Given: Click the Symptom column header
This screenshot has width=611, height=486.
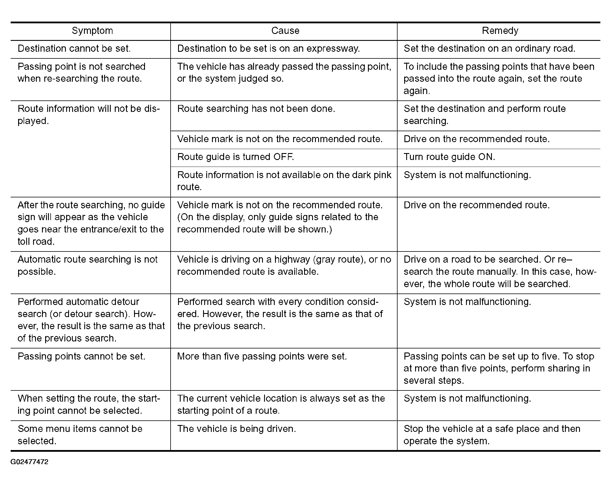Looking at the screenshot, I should click(x=92, y=31).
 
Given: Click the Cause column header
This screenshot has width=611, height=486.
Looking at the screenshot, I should click(x=285, y=31).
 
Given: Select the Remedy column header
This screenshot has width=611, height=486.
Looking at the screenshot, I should click(x=500, y=31).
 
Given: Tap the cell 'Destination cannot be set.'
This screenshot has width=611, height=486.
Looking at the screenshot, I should click(x=74, y=49).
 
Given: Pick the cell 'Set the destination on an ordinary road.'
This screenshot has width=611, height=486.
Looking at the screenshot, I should click(x=489, y=49).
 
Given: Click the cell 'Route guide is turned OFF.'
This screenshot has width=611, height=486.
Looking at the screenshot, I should click(x=236, y=157).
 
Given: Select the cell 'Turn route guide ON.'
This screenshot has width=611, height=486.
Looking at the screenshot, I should click(x=449, y=157).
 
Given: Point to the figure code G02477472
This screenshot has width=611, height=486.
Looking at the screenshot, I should click(x=29, y=462).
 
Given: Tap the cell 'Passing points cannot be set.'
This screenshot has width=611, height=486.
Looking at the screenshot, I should click(x=81, y=357).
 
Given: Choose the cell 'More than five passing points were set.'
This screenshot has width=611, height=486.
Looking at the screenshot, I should click(x=262, y=357).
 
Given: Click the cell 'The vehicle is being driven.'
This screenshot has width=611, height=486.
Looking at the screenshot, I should click(x=236, y=429).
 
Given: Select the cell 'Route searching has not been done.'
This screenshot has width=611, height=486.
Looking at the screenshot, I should click(x=256, y=109).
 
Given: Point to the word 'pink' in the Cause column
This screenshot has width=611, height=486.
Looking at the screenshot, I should click(x=383, y=175).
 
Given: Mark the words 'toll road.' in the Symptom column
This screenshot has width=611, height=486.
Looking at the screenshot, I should click(x=36, y=242).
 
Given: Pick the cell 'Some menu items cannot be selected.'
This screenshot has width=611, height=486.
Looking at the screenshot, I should click(x=80, y=435).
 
